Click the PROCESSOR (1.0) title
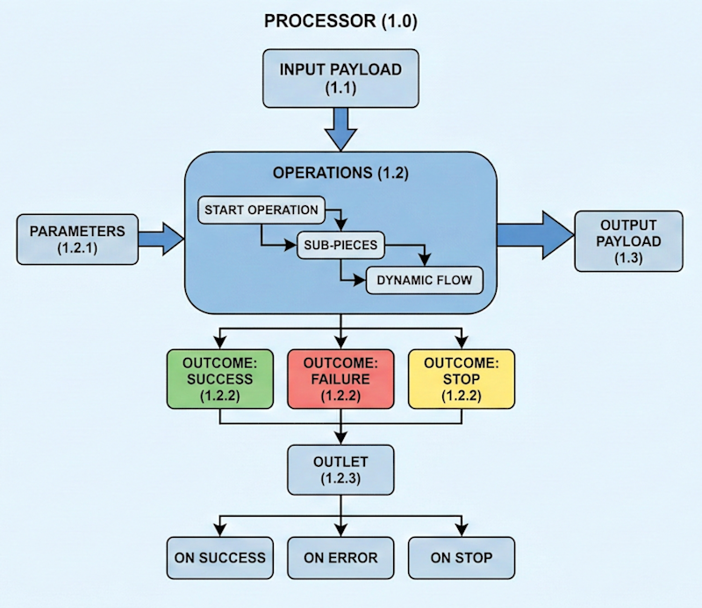(340, 22)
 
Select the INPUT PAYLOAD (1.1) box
(340, 78)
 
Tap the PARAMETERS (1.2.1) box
(78, 240)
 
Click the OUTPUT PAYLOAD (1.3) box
(629, 240)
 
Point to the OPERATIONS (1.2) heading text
(340, 173)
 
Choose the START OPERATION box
(261, 211)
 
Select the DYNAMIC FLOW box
(424, 281)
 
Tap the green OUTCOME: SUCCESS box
(218, 379)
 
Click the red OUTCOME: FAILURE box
(340, 379)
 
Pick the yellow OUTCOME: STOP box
(461, 379)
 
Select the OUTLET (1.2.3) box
(340, 469)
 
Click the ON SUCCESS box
(218, 557)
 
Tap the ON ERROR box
(340, 557)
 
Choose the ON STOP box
(461, 557)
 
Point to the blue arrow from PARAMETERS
(161, 239)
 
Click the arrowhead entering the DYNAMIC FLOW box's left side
(359, 281)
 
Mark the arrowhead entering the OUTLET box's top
(340, 439)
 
